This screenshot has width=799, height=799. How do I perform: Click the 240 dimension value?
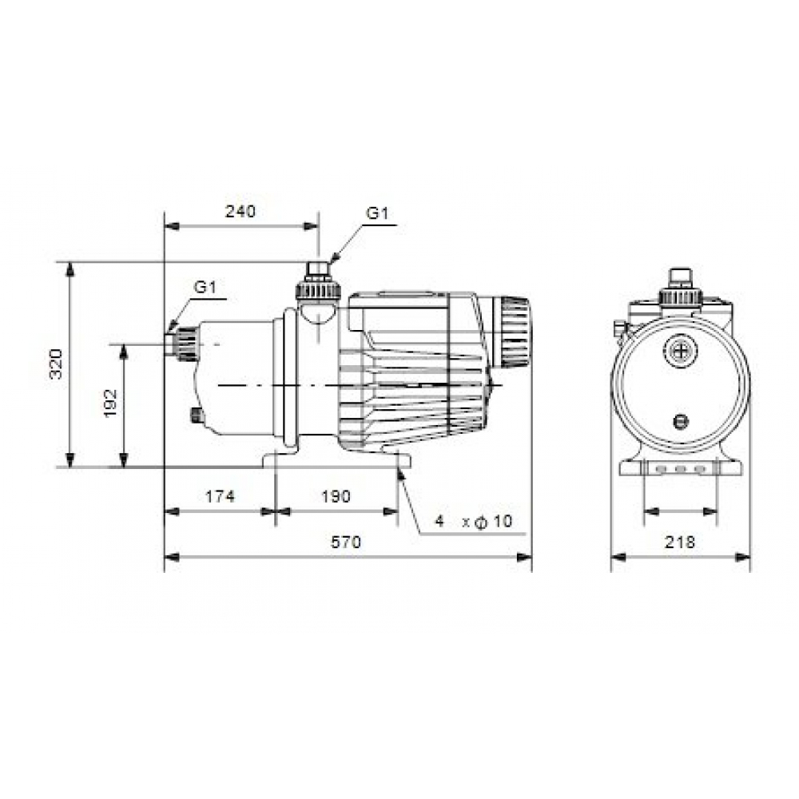click(x=240, y=212)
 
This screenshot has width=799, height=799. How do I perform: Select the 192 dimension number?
click(x=110, y=403)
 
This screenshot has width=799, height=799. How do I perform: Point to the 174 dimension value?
click(x=220, y=496)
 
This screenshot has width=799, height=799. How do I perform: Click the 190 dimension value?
click(x=336, y=496)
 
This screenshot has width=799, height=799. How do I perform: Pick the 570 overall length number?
click(x=347, y=542)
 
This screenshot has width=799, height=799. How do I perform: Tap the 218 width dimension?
click(x=680, y=542)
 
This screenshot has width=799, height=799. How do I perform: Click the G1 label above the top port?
click(x=377, y=213)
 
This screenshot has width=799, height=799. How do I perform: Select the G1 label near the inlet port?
click(x=205, y=287)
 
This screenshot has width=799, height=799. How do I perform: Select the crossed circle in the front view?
click(x=680, y=349)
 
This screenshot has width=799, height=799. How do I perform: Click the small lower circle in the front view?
click(x=680, y=422)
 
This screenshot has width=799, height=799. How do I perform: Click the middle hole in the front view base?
click(x=680, y=470)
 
